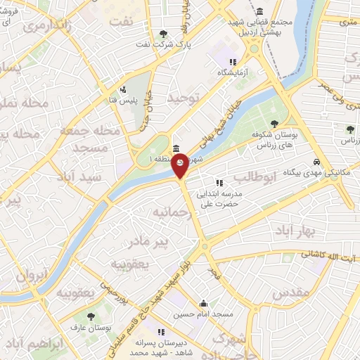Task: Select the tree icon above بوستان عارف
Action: [89, 316]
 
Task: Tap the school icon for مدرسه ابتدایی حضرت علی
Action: [219, 183]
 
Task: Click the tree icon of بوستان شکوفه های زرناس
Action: [274, 124]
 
